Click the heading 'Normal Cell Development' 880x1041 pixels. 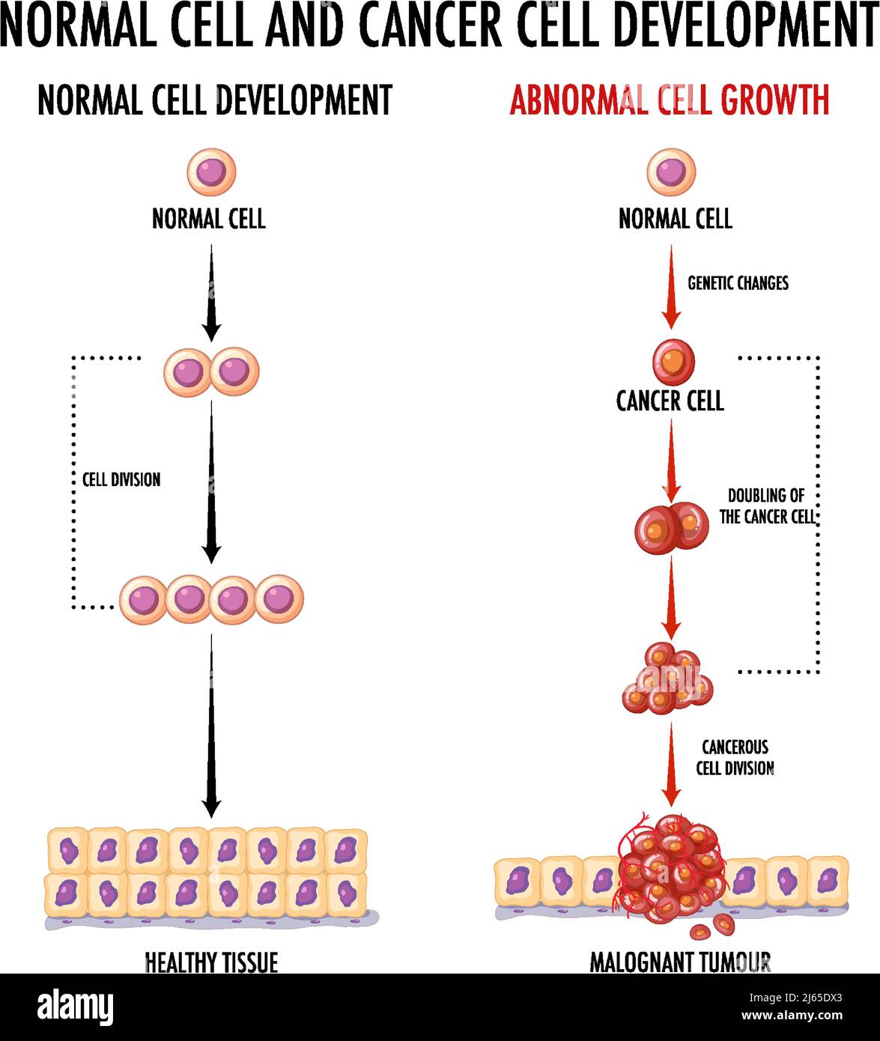(214, 100)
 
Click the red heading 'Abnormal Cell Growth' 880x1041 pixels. (670, 100)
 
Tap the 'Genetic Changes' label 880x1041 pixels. (738, 283)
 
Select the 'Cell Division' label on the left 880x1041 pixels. (121, 479)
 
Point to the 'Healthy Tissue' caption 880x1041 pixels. (211, 962)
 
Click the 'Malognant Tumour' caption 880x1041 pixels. (680, 962)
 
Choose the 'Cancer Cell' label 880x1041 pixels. (670, 401)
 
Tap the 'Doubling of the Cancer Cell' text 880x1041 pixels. (766, 506)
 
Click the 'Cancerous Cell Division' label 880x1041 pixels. (735, 757)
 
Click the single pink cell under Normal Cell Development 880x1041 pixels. (211, 172)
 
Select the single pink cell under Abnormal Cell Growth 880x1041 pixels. (671, 172)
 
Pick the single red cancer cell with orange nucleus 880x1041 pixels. (673, 362)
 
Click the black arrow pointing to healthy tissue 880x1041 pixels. (212, 726)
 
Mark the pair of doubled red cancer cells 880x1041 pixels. (671, 527)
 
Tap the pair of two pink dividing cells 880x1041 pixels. (211, 371)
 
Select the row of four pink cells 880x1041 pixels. (211, 599)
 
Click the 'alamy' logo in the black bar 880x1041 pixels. (76, 1006)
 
